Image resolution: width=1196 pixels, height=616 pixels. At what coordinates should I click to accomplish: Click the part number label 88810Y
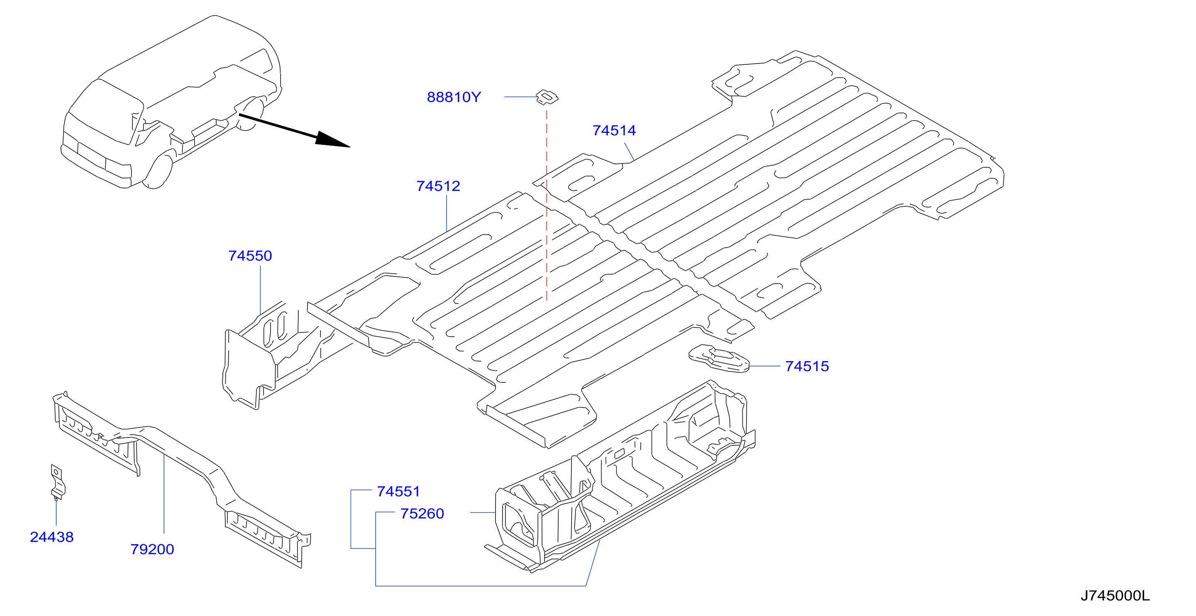(454, 97)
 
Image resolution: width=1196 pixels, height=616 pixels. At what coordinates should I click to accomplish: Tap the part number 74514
(614, 130)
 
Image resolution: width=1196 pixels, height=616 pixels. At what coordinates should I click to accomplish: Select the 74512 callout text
(438, 186)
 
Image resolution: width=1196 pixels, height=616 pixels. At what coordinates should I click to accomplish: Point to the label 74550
(250, 256)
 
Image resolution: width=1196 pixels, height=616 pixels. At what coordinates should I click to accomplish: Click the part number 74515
(807, 367)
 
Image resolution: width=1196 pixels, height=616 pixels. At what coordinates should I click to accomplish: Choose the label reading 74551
(398, 491)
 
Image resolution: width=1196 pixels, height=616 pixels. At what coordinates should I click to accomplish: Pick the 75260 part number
(422, 514)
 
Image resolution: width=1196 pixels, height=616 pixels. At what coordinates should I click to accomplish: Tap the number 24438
(51, 537)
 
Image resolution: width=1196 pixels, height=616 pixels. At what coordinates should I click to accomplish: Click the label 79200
(152, 550)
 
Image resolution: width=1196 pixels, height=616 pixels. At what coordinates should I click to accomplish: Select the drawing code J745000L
(1115, 596)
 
